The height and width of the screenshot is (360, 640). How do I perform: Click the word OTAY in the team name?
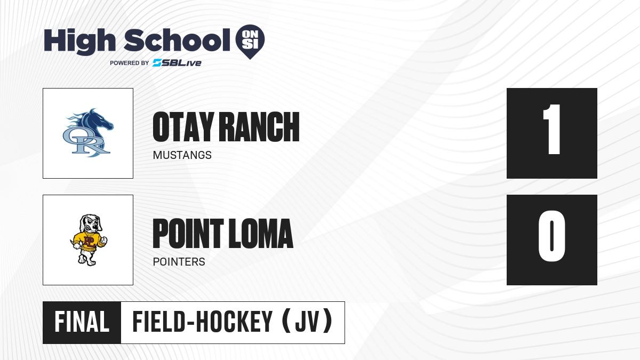[x=183, y=127]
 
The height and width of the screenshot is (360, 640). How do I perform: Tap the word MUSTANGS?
[x=182, y=155]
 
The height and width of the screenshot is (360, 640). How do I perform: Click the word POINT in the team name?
[x=188, y=234]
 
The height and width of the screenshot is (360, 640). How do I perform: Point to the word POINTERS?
[x=179, y=262]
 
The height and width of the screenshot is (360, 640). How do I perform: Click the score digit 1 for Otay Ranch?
[x=551, y=129]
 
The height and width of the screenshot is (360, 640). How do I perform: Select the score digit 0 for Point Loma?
[x=551, y=236]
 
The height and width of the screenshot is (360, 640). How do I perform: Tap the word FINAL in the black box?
[x=82, y=322]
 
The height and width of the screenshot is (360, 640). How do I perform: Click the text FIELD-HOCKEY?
[x=202, y=322]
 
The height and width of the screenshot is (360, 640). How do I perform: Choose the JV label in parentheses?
[x=307, y=322]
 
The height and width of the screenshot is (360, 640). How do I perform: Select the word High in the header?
[x=79, y=41]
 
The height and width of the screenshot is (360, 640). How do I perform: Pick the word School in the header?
[x=177, y=40]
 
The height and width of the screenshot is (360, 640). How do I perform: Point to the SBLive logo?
[x=177, y=63]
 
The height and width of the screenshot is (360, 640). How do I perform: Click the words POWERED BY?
[x=130, y=63]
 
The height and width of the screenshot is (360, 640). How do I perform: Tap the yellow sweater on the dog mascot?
[x=89, y=242]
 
